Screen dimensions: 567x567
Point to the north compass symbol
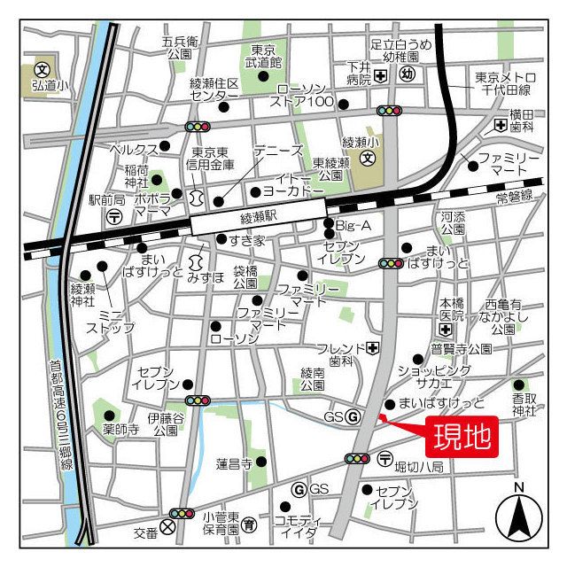click(518, 515)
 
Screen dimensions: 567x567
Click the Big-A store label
click(353, 226)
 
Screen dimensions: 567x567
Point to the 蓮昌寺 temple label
click(234, 463)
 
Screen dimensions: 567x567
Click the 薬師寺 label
click(120, 430)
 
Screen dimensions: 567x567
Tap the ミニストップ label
click(111, 321)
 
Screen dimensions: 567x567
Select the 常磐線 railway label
click(514, 196)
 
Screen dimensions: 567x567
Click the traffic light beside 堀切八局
click(357, 458)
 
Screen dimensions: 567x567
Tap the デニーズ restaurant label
click(278, 151)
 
